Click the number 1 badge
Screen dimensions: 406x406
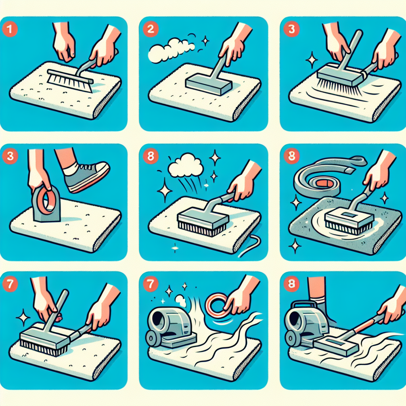(x=10, y=29)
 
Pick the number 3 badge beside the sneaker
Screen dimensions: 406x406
(x=10, y=156)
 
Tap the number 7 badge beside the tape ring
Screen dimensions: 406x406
(x=150, y=284)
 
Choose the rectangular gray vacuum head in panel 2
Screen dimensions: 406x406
(x=209, y=84)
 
